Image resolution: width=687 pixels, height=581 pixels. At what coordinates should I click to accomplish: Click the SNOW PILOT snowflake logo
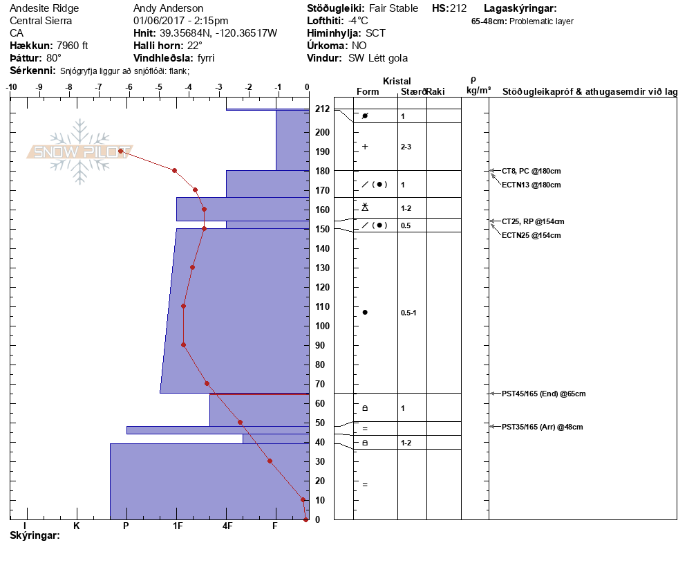(x=79, y=151)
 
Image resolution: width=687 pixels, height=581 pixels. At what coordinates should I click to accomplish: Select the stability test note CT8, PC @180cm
(x=531, y=171)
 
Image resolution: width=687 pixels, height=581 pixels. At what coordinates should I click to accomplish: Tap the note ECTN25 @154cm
(x=531, y=235)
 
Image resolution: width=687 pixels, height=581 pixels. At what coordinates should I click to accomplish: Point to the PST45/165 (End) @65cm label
(x=543, y=394)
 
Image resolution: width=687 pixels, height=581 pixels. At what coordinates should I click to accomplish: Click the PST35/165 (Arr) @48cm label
(x=542, y=427)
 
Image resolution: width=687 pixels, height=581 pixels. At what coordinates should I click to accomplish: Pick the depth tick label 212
(x=322, y=109)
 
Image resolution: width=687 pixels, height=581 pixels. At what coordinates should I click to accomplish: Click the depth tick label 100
(x=322, y=326)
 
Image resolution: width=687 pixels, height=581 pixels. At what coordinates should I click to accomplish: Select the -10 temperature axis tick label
(x=11, y=87)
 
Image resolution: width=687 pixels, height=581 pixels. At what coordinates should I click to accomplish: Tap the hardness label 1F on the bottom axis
(x=177, y=526)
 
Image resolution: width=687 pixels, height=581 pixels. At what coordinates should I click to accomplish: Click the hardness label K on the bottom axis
(x=76, y=526)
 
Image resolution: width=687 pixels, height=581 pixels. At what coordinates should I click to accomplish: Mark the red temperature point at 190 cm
(x=120, y=151)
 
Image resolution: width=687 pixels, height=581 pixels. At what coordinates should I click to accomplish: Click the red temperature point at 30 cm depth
(x=270, y=461)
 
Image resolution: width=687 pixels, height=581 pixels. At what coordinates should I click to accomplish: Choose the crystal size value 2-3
(x=406, y=147)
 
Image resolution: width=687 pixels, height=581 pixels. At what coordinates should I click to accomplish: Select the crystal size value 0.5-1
(x=408, y=313)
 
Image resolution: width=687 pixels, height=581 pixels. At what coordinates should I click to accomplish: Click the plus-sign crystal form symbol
(x=365, y=147)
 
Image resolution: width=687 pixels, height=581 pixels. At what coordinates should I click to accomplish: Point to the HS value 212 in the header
(x=458, y=8)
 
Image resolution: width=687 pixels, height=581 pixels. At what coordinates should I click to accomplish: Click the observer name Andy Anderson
(x=168, y=8)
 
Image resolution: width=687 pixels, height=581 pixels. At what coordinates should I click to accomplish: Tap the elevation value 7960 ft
(x=73, y=46)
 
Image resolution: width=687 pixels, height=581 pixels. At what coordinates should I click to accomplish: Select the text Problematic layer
(x=541, y=21)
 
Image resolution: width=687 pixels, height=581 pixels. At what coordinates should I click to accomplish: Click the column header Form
(x=368, y=91)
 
